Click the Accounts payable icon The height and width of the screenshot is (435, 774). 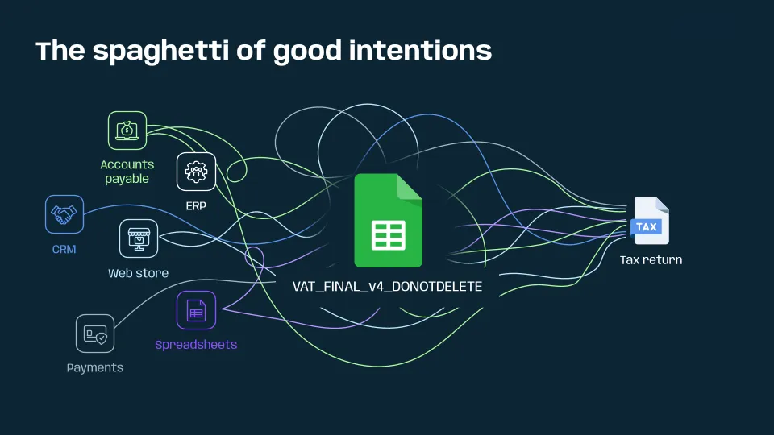127,130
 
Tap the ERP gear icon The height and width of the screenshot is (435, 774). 196,172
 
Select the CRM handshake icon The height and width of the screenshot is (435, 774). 64,215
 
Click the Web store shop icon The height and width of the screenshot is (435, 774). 139,238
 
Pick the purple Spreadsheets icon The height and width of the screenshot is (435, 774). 196,310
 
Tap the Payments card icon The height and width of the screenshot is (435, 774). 95,333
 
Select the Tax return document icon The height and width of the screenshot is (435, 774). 650,221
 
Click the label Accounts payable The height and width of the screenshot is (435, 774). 127,172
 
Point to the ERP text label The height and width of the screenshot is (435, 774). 196,206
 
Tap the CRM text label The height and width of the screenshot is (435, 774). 64,250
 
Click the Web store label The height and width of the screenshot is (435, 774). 139,273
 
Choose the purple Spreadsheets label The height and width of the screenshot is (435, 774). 196,345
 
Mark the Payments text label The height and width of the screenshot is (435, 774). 95,368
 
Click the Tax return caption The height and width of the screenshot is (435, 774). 651,260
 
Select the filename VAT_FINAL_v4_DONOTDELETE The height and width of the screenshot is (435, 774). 388,286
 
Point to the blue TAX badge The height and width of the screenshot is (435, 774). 647,227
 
